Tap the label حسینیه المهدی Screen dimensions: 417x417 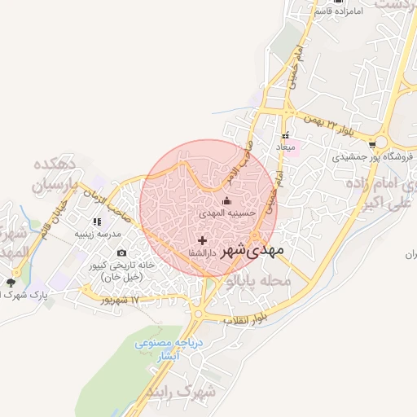pos(228,213)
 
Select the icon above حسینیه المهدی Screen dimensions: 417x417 pos(226,200)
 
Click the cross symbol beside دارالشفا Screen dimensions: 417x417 pos(202,240)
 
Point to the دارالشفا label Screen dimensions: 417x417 pos(222,241)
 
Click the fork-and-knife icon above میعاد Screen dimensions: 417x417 pos(285,135)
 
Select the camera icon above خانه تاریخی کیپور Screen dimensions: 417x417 pos(122,253)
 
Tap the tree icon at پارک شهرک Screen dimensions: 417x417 pos(10,283)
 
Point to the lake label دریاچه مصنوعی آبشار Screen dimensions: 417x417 pos(168,349)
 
